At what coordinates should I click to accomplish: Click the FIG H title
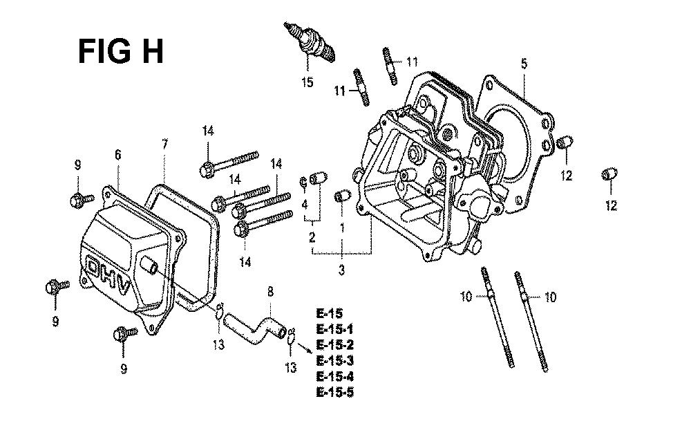(x=121, y=52)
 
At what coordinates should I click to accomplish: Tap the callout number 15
(x=307, y=82)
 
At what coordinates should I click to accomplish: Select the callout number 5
(x=524, y=64)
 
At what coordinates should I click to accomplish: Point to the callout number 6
(x=117, y=155)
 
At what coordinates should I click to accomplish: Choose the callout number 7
(x=164, y=145)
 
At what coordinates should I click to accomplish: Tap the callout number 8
(x=270, y=292)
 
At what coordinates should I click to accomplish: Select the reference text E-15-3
(x=335, y=361)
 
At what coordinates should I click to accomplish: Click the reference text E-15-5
(x=335, y=392)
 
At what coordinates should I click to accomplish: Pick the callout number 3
(x=341, y=270)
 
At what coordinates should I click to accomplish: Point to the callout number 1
(x=342, y=227)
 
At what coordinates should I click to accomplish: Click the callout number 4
(x=305, y=205)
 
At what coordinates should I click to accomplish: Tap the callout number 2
(x=312, y=237)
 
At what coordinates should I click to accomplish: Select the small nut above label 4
(x=303, y=181)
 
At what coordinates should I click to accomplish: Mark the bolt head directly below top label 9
(x=77, y=201)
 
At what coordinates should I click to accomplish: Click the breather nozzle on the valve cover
(x=149, y=265)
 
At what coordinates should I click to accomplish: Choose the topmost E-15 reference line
(x=329, y=313)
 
